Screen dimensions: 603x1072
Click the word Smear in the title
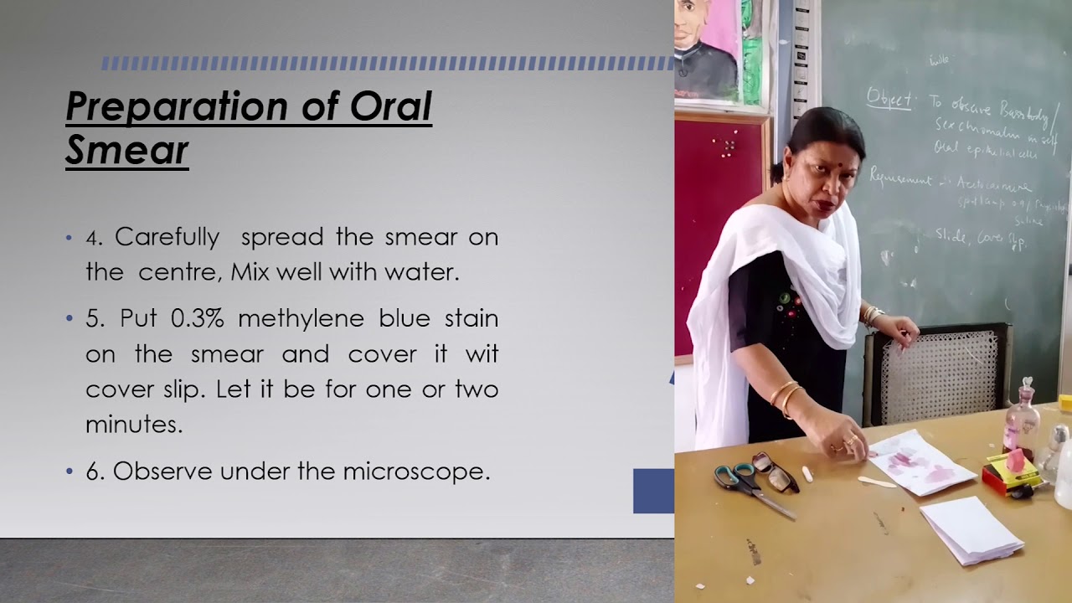click(127, 151)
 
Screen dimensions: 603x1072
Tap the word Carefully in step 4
click(167, 237)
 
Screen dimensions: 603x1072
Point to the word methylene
click(301, 318)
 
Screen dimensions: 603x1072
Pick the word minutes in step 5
click(134, 425)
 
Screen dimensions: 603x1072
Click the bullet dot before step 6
click(70, 472)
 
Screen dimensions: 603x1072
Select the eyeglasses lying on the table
click(775, 471)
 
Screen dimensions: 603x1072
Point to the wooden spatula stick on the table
click(877, 482)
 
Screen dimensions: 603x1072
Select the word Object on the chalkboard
click(889, 98)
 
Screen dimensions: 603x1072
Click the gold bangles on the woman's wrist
click(785, 395)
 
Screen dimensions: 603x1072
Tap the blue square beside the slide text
click(653, 491)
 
